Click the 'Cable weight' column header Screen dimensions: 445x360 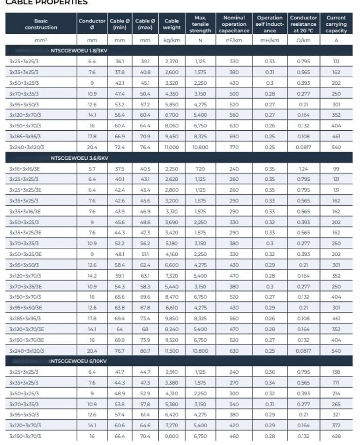pos(172,24)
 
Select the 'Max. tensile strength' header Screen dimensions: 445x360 pos(200,24)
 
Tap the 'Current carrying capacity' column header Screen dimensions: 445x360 pos(336,24)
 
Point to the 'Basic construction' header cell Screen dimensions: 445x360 pos(41,24)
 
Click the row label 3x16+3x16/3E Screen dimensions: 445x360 pos(25,169)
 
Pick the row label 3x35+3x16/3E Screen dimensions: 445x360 pos(25,211)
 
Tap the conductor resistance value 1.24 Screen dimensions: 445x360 pos(303,169)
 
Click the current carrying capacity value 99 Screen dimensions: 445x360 pos(336,169)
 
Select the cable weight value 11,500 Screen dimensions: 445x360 pos(172,350)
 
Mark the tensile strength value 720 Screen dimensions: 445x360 pos(200,169)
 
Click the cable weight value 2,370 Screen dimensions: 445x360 pos(172,61)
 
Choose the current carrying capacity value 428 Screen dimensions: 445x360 pos(336,436)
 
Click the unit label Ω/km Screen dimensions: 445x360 pos(303,40)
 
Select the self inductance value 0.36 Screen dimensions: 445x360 pos(270,372)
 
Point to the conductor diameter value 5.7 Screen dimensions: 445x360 pos(92,169)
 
